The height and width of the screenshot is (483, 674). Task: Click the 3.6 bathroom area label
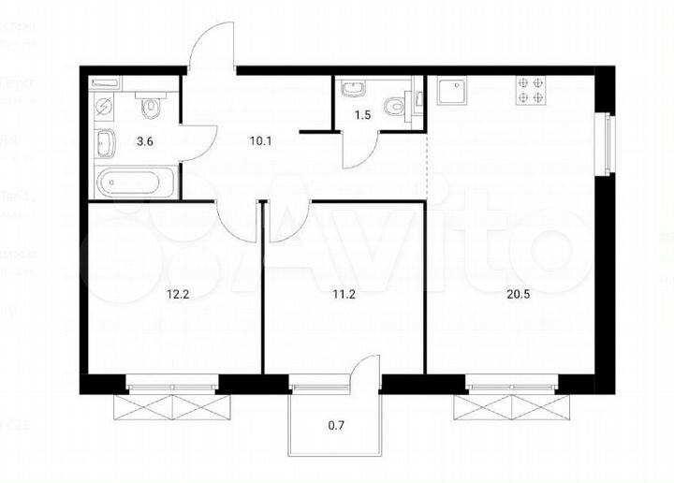point(147,142)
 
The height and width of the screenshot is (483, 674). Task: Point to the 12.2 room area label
point(177,292)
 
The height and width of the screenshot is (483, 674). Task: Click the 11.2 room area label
point(345,292)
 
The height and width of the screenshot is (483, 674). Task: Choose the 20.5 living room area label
point(510,292)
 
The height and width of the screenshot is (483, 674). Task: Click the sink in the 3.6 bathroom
point(104,144)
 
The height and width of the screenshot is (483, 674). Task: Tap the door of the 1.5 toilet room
point(359,150)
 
